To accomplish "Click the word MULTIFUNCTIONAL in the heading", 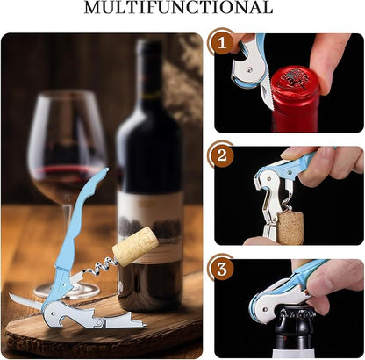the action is (x=179, y=8).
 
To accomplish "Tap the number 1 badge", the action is (x=222, y=43).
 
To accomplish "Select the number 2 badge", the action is (x=222, y=155).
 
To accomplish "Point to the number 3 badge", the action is (x=222, y=269).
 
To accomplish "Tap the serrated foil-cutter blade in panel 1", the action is (x=267, y=94).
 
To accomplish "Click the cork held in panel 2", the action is (x=290, y=228).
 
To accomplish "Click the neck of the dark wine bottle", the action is (x=150, y=77).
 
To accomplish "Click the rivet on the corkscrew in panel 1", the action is (x=249, y=69).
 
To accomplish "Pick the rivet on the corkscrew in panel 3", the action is (x=265, y=309).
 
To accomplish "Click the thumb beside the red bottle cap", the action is (x=329, y=61).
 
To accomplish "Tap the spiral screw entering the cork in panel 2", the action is (x=288, y=204).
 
